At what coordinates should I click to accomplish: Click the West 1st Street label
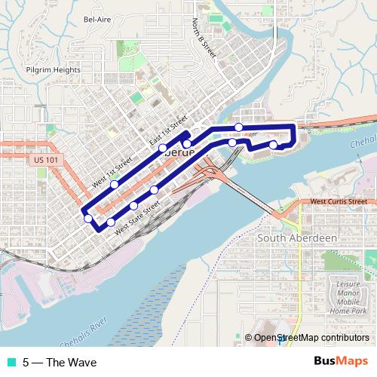point(111,171)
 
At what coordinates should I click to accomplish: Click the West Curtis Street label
point(339,201)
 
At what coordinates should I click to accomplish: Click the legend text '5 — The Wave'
point(60,362)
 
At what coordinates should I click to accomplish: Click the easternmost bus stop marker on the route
point(273,144)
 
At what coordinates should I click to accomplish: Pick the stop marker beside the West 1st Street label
point(115,184)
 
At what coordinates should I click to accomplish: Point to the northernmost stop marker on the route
point(239,127)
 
